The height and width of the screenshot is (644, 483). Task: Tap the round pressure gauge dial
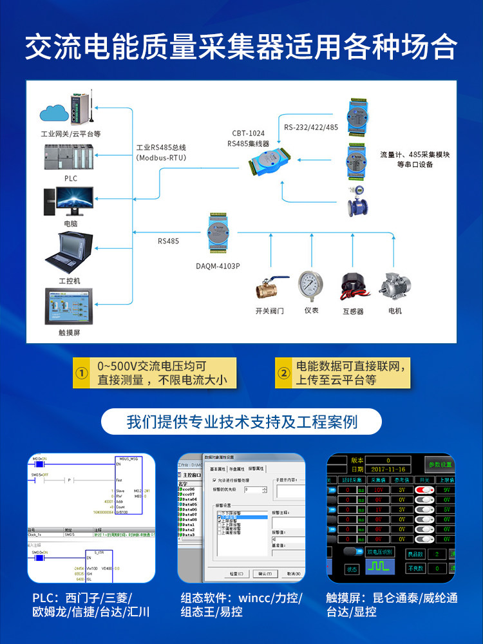[x=311, y=284]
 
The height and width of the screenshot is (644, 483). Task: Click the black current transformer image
[x=353, y=286]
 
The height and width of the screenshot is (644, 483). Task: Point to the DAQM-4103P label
[x=218, y=265]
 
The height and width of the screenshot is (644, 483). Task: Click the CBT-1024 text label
[x=248, y=133]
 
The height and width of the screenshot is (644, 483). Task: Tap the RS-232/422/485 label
[x=311, y=127]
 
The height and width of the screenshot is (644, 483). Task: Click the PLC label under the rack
[x=70, y=178]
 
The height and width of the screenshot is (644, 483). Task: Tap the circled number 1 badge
[x=82, y=374]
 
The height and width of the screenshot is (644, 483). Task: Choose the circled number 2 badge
[x=283, y=374]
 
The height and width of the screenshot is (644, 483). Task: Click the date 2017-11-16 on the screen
[x=388, y=469]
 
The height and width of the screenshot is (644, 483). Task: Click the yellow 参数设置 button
[x=440, y=464]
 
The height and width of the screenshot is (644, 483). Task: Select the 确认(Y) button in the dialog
[x=265, y=573]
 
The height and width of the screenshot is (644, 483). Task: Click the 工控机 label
[x=70, y=281]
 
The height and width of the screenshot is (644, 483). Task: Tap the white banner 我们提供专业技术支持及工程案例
[x=241, y=422]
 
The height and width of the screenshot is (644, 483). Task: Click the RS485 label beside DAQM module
[x=169, y=242]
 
